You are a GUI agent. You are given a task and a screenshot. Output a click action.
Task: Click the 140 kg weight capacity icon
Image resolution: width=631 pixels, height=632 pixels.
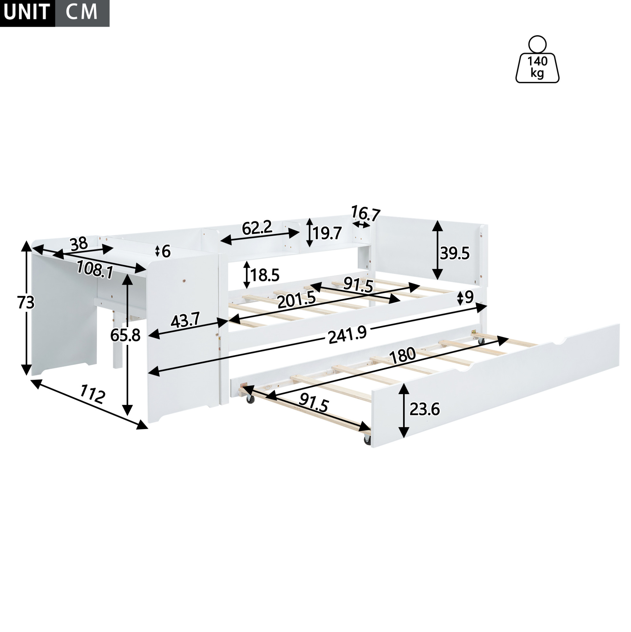[537, 59]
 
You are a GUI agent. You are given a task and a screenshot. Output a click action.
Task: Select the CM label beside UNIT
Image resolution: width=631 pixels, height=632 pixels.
[81, 12]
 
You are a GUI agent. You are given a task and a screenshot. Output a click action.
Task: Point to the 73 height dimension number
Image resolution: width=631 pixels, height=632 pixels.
[26, 303]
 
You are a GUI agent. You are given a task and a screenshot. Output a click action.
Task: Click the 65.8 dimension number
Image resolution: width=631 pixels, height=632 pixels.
[125, 335]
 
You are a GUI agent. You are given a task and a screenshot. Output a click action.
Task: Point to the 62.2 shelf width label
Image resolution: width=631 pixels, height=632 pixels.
[257, 228]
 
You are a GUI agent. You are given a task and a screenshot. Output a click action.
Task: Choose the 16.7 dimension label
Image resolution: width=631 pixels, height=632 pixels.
[366, 214]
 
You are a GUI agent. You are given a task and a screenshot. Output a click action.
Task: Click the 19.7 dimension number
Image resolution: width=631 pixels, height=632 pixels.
[327, 233]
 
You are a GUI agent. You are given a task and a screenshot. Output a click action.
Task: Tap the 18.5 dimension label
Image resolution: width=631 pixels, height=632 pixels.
[265, 275]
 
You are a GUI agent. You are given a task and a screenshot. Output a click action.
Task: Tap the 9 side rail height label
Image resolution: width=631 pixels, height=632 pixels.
[469, 297]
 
